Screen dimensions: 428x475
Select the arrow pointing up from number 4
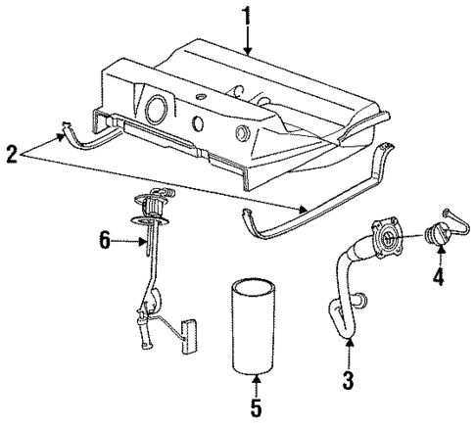439,257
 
